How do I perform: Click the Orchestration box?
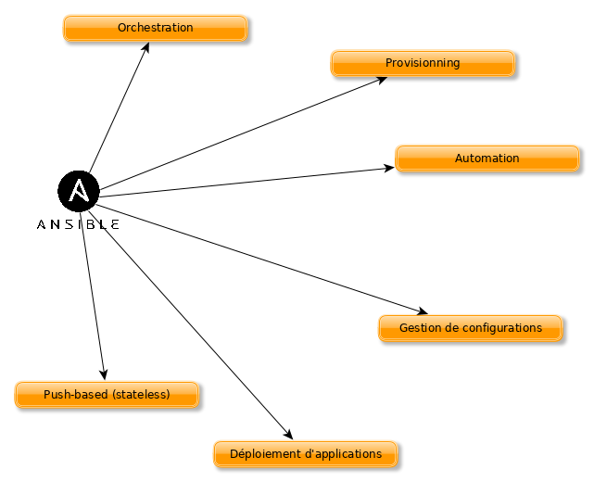155,28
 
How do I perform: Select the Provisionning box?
423,63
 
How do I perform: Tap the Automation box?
487,159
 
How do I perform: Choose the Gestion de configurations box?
470,328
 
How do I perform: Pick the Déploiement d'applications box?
305,454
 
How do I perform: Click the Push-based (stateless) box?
107,395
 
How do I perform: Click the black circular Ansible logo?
78,191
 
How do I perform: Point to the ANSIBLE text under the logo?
78,224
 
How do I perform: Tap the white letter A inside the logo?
79,191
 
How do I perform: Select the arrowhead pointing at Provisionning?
381,80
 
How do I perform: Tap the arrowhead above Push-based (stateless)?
104,374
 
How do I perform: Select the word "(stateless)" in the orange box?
140,395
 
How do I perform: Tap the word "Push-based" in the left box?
74,395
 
